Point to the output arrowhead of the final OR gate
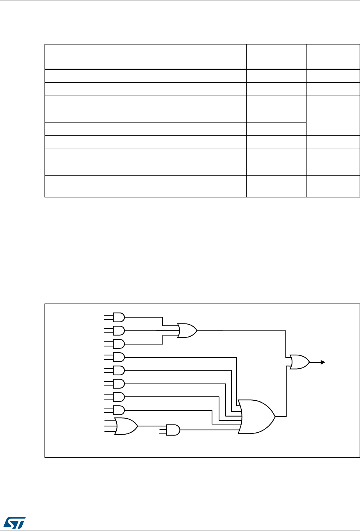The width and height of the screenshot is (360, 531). pyautogui.click(x=323, y=362)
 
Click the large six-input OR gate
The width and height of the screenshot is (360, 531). pyautogui.click(x=256, y=416)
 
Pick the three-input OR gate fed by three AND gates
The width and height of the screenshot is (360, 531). pyautogui.click(x=187, y=330)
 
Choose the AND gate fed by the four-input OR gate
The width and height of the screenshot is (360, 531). pyautogui.click(x=173, y=430)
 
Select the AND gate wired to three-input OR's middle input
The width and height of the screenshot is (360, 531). pyautogui.click(x=118, y=330)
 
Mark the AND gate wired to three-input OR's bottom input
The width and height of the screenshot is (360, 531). pyautogui.click(x=118, y=344)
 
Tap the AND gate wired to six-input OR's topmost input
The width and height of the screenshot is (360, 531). pyautogui.click(x=118, y=357)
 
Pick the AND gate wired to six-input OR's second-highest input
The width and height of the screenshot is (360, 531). pyautogui.click(x=118, y=370)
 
